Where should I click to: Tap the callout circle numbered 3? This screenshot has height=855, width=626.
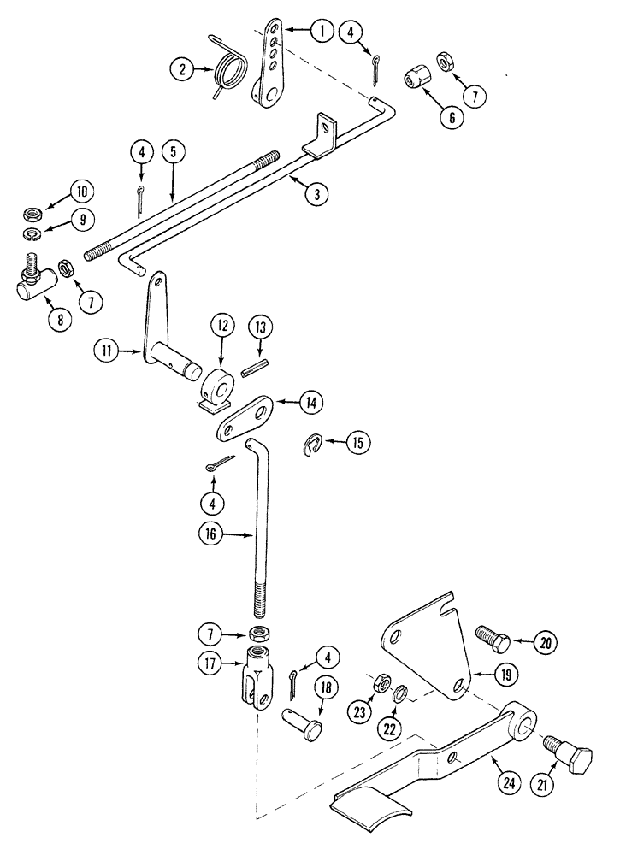pos(316,193)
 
